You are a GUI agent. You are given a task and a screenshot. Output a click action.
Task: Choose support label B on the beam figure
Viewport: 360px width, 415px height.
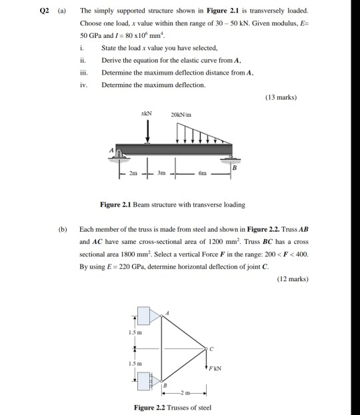tap(234, 170)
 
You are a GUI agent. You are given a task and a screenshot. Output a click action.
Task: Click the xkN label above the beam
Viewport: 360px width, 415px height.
tap(147, 114)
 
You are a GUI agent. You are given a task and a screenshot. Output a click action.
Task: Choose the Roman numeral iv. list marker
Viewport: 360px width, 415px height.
tap(83, 85)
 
